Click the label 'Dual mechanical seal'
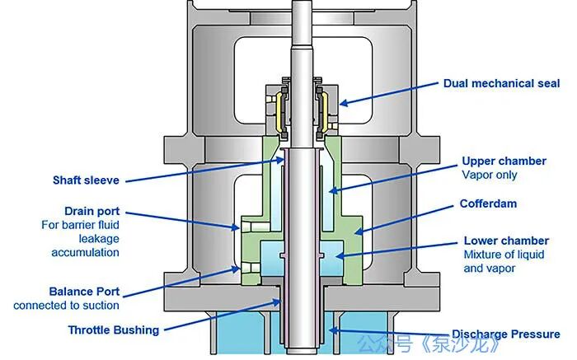(501, 83)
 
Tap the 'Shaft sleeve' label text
(86, 180)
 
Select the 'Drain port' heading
(92, 211)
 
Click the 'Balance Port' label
(84, 292)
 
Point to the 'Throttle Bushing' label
(114, 330)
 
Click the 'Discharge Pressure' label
(506, 334)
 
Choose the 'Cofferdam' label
(488, 203)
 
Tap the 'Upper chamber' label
(504, 161)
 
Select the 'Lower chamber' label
(506, 241)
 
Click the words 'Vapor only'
(490, 175)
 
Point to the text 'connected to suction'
(66, 306)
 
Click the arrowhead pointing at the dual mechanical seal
(344, 103)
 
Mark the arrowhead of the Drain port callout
(235, 227)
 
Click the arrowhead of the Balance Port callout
(235, 269)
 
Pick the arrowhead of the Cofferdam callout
(359, 231)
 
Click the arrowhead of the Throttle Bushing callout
(276, 302)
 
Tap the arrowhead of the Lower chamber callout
(340, 255)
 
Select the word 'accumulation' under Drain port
(86, 253)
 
